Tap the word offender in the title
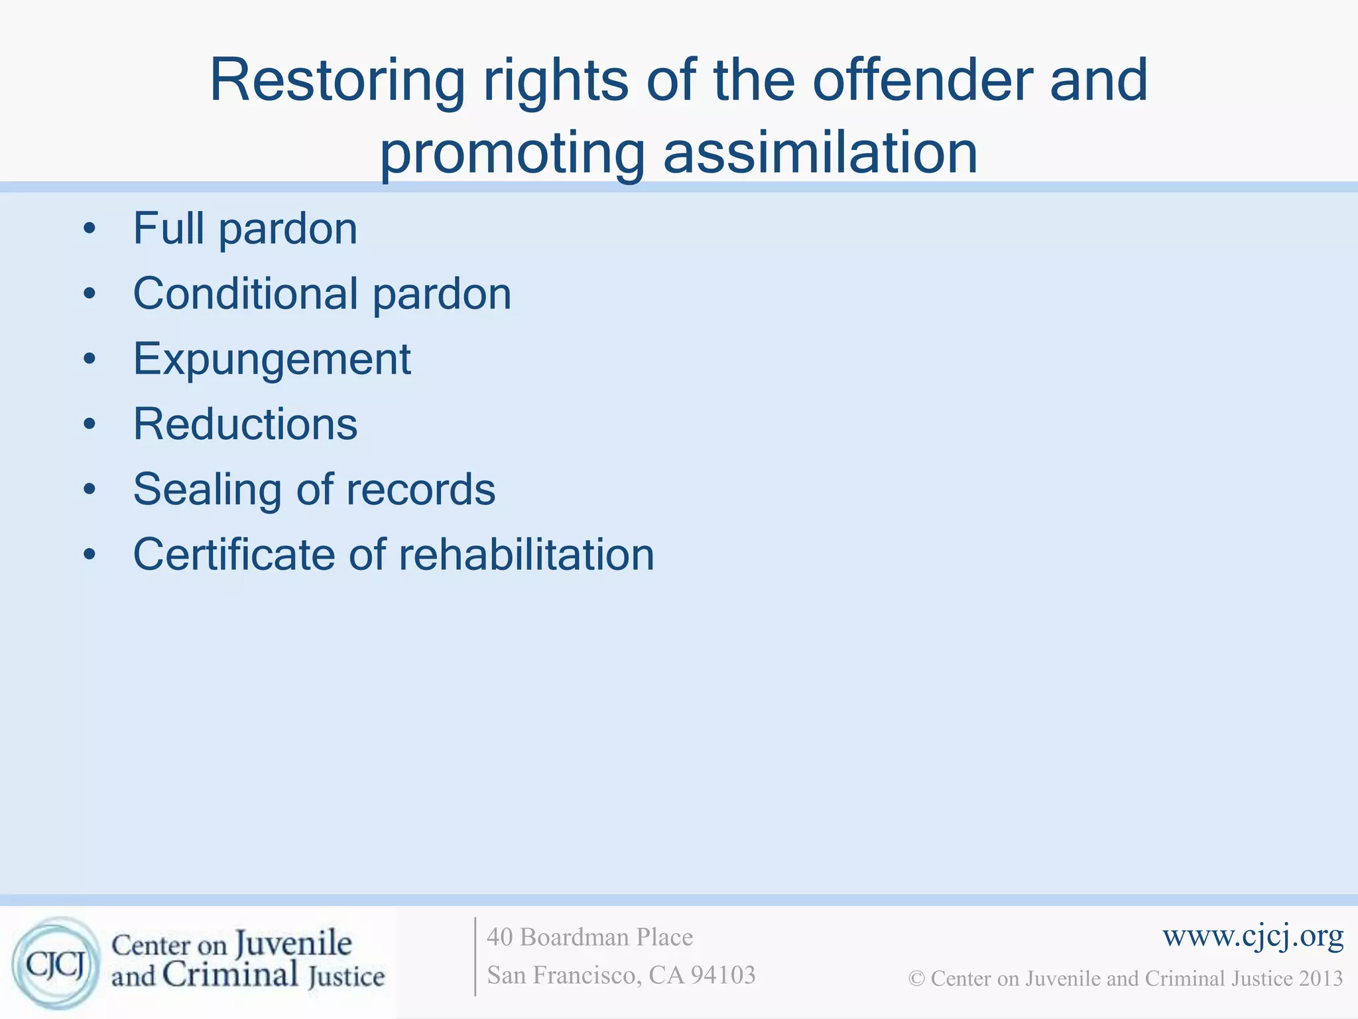click(922, 81)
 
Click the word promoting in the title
click(511, 154)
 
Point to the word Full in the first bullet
click(168, 228)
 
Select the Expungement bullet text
click(272, 360)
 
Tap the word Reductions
click(245, 424)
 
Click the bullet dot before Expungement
click(90, 360)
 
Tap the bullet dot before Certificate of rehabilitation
click(90, 555)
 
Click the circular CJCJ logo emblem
click(56, 963)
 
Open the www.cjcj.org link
click(1253, 936)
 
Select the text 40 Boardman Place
click(589, 937)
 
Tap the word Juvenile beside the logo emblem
click(293, 943)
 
